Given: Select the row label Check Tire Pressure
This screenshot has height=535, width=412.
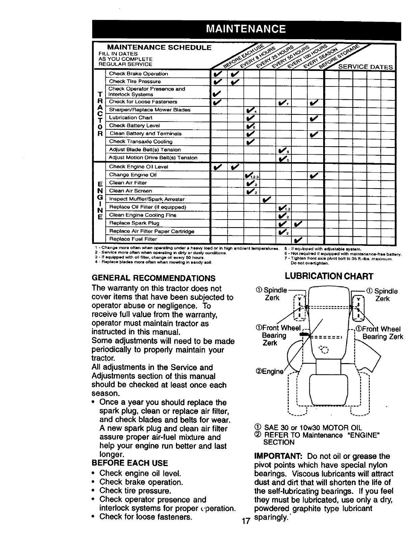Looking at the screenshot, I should tap(135, 81).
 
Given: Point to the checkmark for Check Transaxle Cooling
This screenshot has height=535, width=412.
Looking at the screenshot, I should tap(250, 142).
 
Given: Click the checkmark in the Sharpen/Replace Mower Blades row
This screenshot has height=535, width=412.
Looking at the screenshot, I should tap(250, 110).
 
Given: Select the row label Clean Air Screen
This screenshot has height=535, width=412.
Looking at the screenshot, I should tap(130, 191).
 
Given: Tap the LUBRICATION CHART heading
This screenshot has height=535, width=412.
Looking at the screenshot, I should tap(329, 277).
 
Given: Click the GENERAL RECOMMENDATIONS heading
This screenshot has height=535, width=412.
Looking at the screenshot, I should tap(153, 278).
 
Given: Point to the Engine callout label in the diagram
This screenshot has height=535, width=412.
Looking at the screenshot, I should tap(269, 372).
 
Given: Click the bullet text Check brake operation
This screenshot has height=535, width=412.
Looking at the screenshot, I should tap(141, 482).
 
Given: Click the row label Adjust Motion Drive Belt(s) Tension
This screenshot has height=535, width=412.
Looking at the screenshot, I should tap(153, 158).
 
